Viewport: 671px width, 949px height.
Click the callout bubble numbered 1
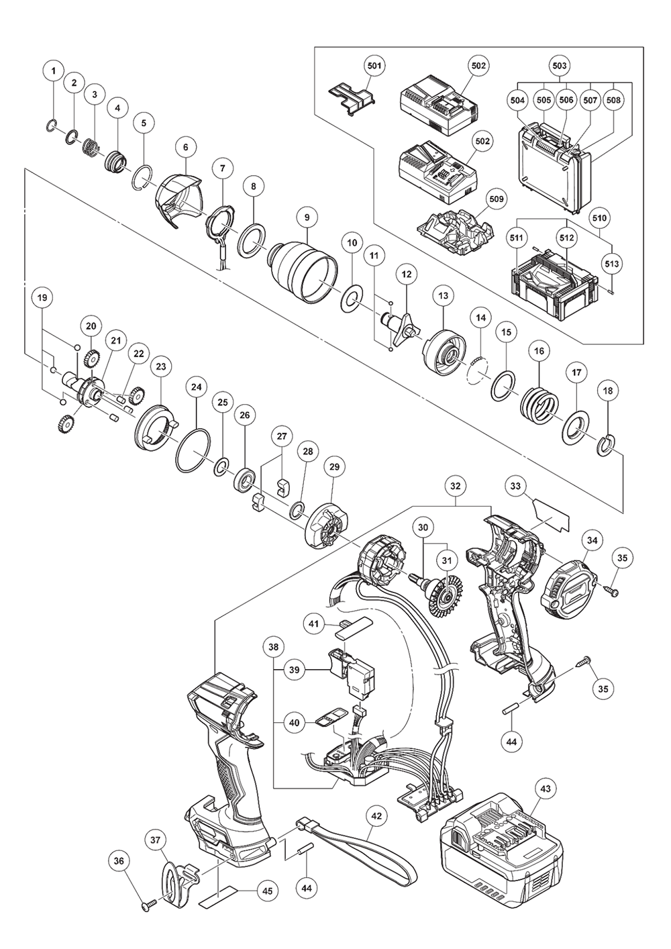54,69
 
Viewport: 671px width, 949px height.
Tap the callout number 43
545,789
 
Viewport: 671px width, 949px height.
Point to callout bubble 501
374,66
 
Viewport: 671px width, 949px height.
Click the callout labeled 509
497,199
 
